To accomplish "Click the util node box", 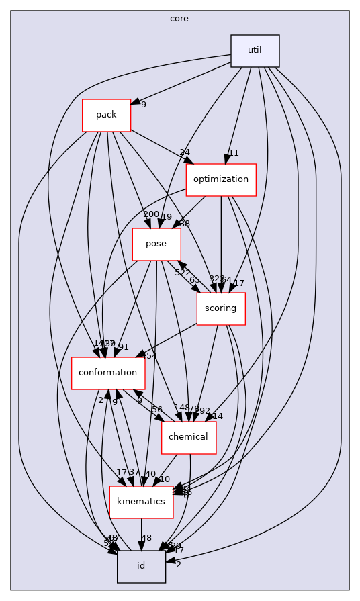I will click(255, 50).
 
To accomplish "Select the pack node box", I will click(106, 115).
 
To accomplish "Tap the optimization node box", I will click(221, 179).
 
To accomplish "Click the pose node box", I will click(156, 244).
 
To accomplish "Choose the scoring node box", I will click(220, 308).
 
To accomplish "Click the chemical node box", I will click(188, 437).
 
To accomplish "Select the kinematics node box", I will click(141, 502).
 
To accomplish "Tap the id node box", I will click(141, 566).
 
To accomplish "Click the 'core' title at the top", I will click(179, 19).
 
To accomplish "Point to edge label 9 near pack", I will click(144, 104).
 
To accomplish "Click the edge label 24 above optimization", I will click(185, 152).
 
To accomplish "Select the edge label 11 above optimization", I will click(233, 152).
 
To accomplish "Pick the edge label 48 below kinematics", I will click(146, 538).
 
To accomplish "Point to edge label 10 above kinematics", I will click(165, 479).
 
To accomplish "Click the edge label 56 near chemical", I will click(157, 410).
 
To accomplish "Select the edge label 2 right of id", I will click(178, 565).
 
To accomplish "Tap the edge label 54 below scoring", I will click(152, 355).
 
